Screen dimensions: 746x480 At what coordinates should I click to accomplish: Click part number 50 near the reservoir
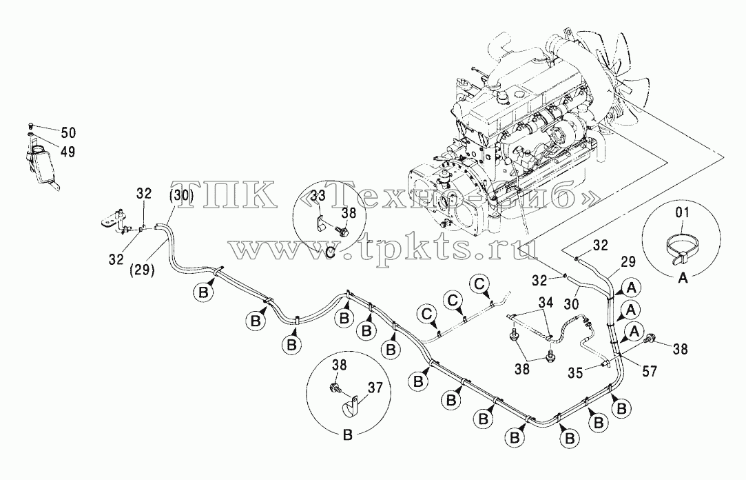(x=68, y=132)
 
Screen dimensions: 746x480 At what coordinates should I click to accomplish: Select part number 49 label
(x=68, y=152)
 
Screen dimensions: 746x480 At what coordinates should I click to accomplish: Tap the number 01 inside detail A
(x=682, y=212)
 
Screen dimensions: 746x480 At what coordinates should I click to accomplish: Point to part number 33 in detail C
(x=319, y=196)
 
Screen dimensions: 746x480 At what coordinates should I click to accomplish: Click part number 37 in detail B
(x=375, y=388)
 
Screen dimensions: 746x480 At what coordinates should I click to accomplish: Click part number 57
(x=650, y=372)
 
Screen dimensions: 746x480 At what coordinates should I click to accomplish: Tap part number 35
(x=575, y=373)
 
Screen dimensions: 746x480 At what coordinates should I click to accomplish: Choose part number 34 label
(x=546, y=302)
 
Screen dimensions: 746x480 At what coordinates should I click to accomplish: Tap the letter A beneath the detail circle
(x=683, y=278)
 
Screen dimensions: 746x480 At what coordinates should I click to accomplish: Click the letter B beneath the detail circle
(x=348, y=435)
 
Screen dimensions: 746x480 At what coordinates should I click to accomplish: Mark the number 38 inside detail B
(x=340, y=366)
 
